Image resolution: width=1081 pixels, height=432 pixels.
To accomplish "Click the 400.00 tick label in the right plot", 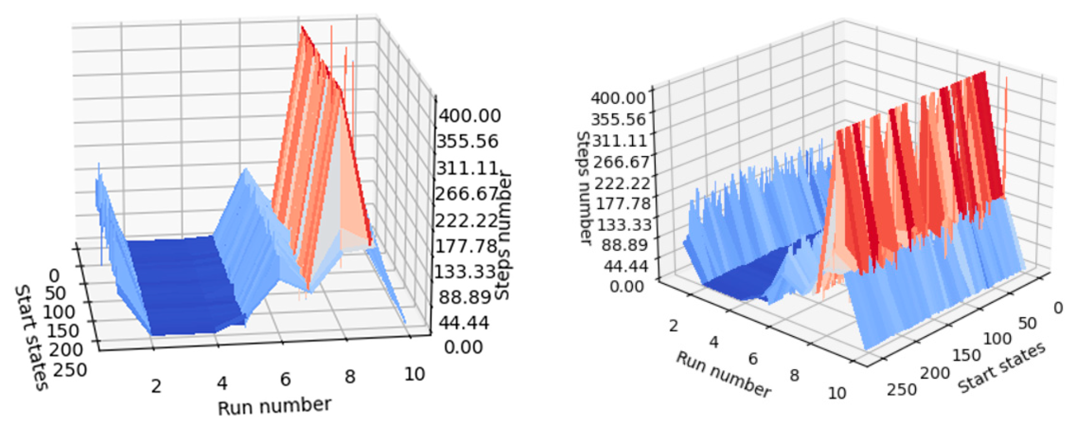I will click(x=618, y=98).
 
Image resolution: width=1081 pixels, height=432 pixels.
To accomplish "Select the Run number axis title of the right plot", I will click(x=723, y=374).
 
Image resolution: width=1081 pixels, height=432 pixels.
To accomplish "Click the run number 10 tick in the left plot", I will click(x=414, y=374).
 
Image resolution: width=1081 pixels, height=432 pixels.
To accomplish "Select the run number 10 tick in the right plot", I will click(x=837, y=393).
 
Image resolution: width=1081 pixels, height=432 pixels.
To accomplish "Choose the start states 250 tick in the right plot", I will click(x=901, y=389).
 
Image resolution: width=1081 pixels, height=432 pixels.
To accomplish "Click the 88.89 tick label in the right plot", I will click(x=624, y=245).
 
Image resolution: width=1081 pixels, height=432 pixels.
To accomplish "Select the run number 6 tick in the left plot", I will click(x=285, y=379).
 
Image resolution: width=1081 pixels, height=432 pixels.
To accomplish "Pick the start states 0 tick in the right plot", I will click(x=1058, y=308).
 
